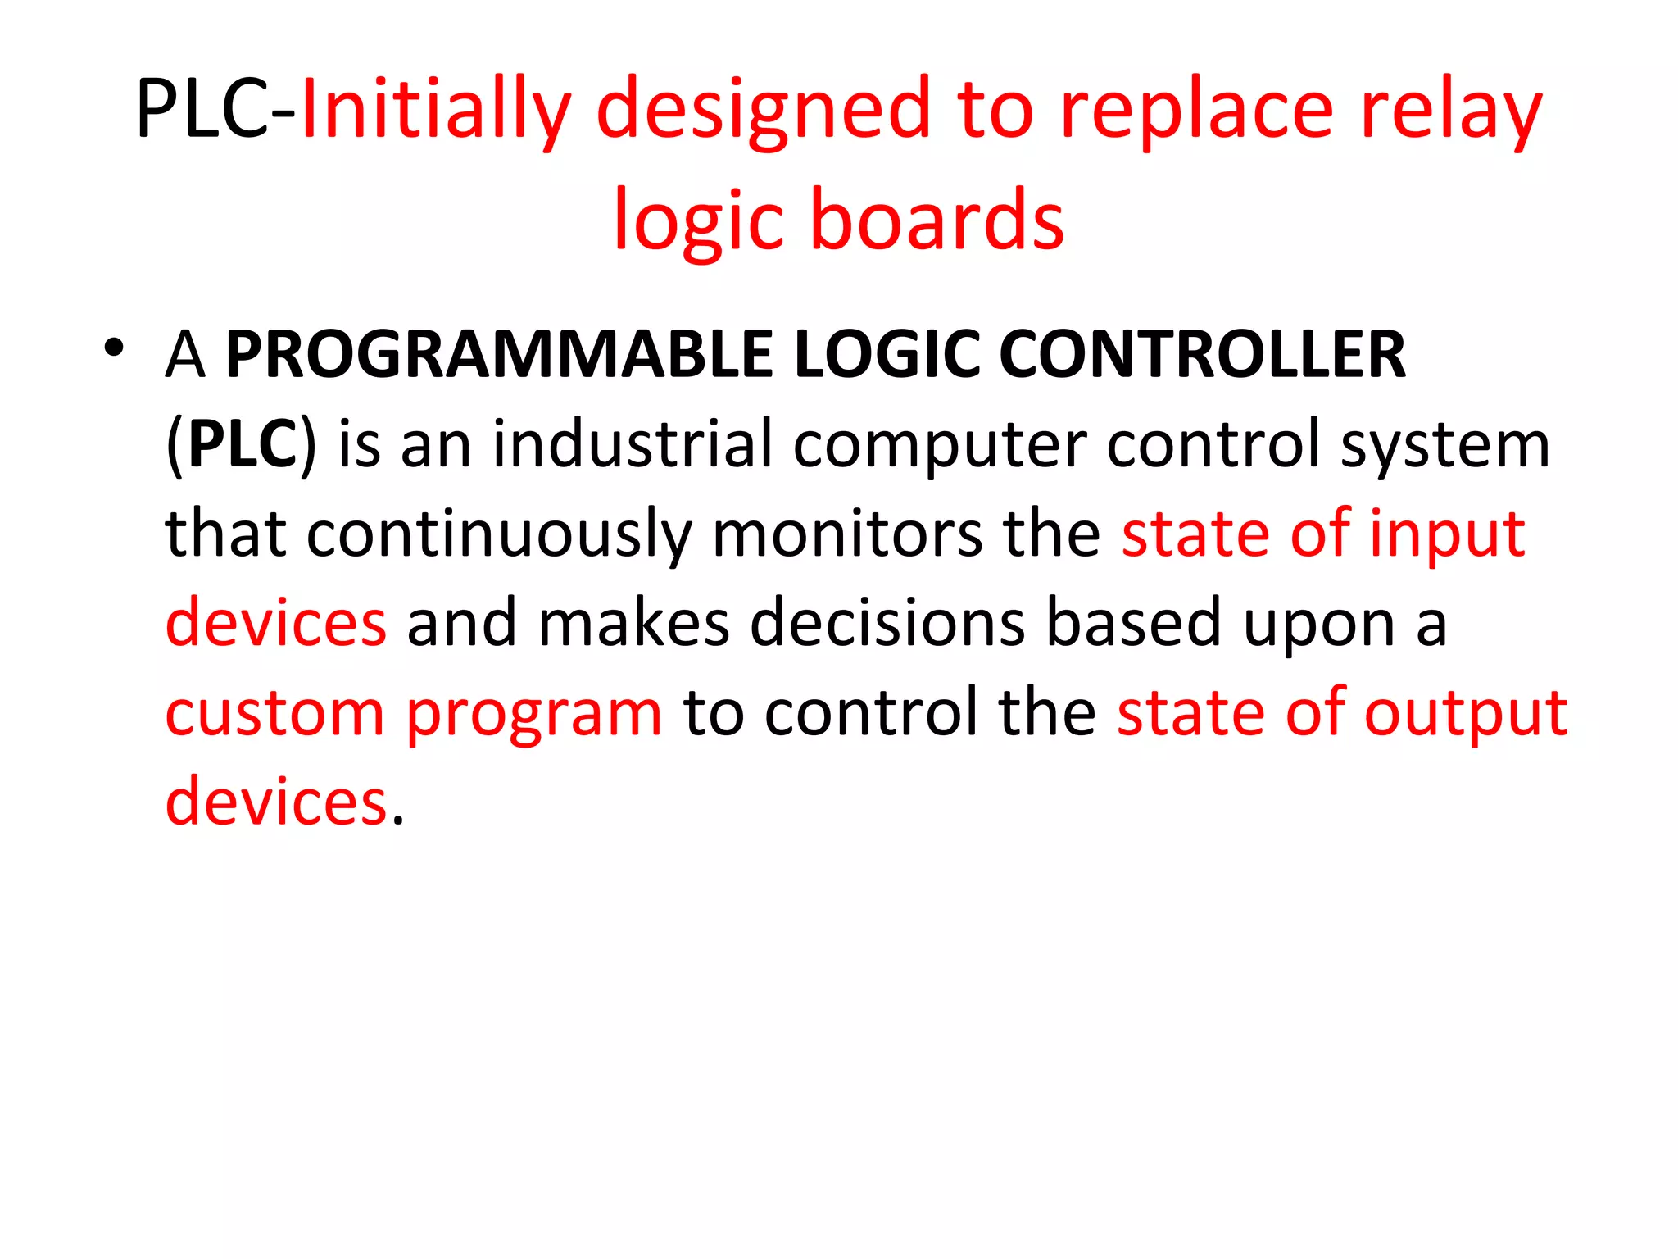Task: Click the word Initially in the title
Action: click(x=435, y=111)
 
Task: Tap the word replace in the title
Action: click(x=1197, y=111)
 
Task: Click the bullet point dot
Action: click(x=114, y=348)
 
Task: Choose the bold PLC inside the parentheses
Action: click(x=242, y=444)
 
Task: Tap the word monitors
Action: click(x=847, y=534)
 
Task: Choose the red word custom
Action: click(x=274, y=713)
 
